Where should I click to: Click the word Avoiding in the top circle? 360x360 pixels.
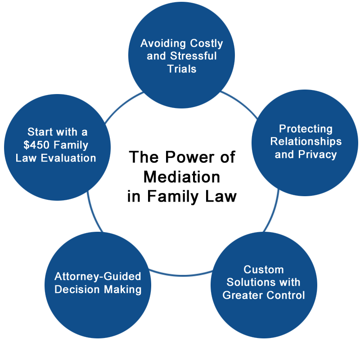point(163,44)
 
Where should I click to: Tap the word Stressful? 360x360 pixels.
point(193,56)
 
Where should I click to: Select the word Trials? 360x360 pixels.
point(182,69)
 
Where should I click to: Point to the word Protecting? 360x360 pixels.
point(306,129)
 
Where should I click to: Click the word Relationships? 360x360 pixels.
point(306,142)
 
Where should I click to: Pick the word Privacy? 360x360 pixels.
point(317,155)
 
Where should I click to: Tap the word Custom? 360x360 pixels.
point(264,270)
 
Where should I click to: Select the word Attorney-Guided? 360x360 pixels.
point(98,277)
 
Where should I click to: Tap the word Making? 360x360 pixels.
point(122,290)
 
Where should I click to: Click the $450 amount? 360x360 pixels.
point(36,145)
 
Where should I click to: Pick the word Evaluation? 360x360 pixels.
point(68,158)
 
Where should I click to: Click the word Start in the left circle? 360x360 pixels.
point(40,132)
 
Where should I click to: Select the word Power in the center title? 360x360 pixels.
point(189,157)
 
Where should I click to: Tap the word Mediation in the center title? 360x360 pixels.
point(182,177)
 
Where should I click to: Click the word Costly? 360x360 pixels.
point(207,44)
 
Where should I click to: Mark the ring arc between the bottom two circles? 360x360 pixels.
point(181,275)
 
